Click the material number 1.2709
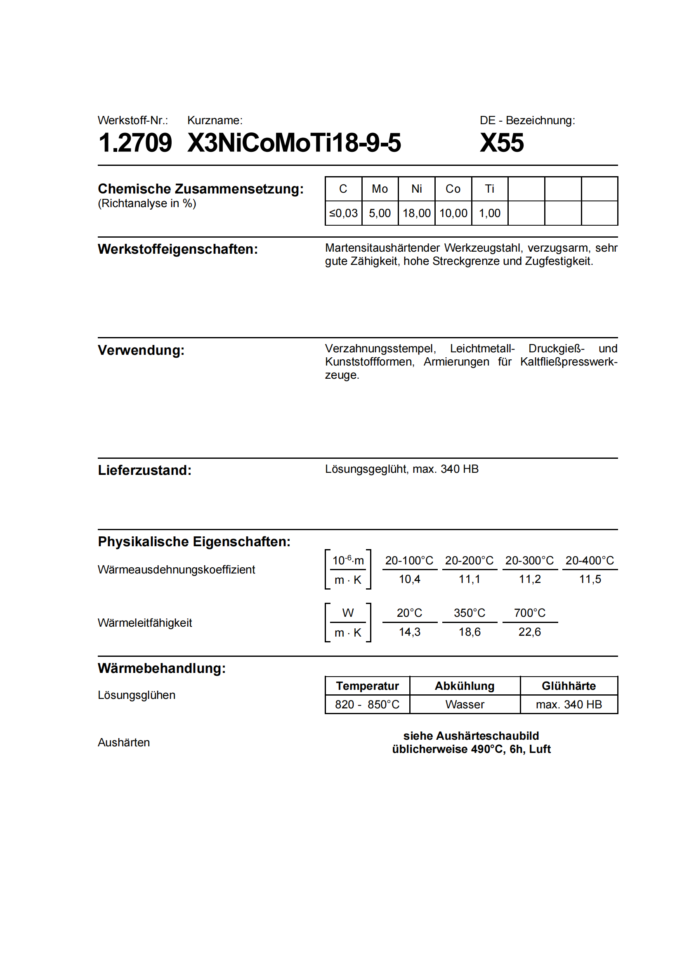tap(135, 143)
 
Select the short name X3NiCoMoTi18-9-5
tap(294, 143)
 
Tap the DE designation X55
tap(502, 143)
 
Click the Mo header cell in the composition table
tap(380, 189)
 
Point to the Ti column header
tap(490, 189)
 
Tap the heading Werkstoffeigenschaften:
tap(178, 249)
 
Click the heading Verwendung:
tap(141, 350)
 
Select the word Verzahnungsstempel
tap(380, 349)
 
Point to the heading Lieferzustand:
tap(144, 470)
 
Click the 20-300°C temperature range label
tap(529, 560)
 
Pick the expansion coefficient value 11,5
tap(590, 579)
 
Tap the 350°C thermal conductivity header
tap(470, 613)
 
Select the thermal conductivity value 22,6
tap(529, 632)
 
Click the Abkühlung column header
tap(464, 686)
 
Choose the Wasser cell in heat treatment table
tap(464, 704)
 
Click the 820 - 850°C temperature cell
tap(367, 704)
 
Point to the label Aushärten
tap(123, 742)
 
